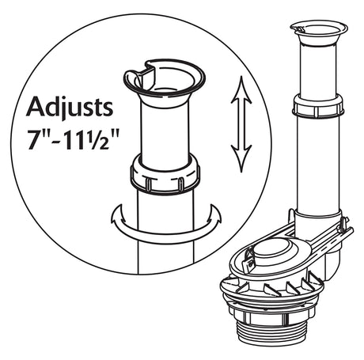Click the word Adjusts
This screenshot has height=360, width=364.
[70, 107]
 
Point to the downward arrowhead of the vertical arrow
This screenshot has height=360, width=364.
[241, 158]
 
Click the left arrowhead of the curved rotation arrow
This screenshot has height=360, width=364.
[118, 214]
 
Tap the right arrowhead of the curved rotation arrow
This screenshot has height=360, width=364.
[214, 214]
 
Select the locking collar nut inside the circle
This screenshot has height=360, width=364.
[165, 174]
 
